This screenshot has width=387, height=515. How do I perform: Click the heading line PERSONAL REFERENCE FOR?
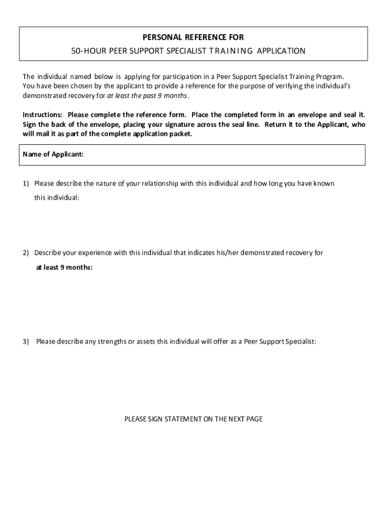coord(193,37)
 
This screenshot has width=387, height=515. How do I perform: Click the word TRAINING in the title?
coord(230,51)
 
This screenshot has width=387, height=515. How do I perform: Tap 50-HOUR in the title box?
coord(86,51)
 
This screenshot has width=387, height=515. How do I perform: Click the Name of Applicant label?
coord(53,154)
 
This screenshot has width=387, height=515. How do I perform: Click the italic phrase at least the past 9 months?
coord(147,96)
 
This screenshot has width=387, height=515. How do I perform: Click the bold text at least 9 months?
coord(64,267)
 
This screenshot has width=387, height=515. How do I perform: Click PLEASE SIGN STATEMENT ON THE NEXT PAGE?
coord(193,418)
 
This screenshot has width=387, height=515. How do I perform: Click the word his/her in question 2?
coord(214,252)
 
